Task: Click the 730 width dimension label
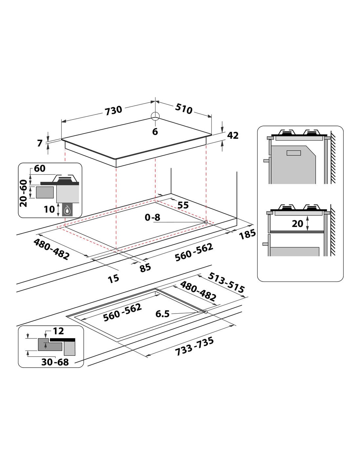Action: click(113, 111)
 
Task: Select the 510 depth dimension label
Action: click(184, 109)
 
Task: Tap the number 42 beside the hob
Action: click(233, 135)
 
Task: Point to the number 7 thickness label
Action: click(40, 143)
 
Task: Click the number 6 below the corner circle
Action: click(155, 131)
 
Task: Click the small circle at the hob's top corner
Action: click(155, 116)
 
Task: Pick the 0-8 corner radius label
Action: click(153, 217)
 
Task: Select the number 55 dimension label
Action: click(183, 205)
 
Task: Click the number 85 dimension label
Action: click(145, 268)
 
